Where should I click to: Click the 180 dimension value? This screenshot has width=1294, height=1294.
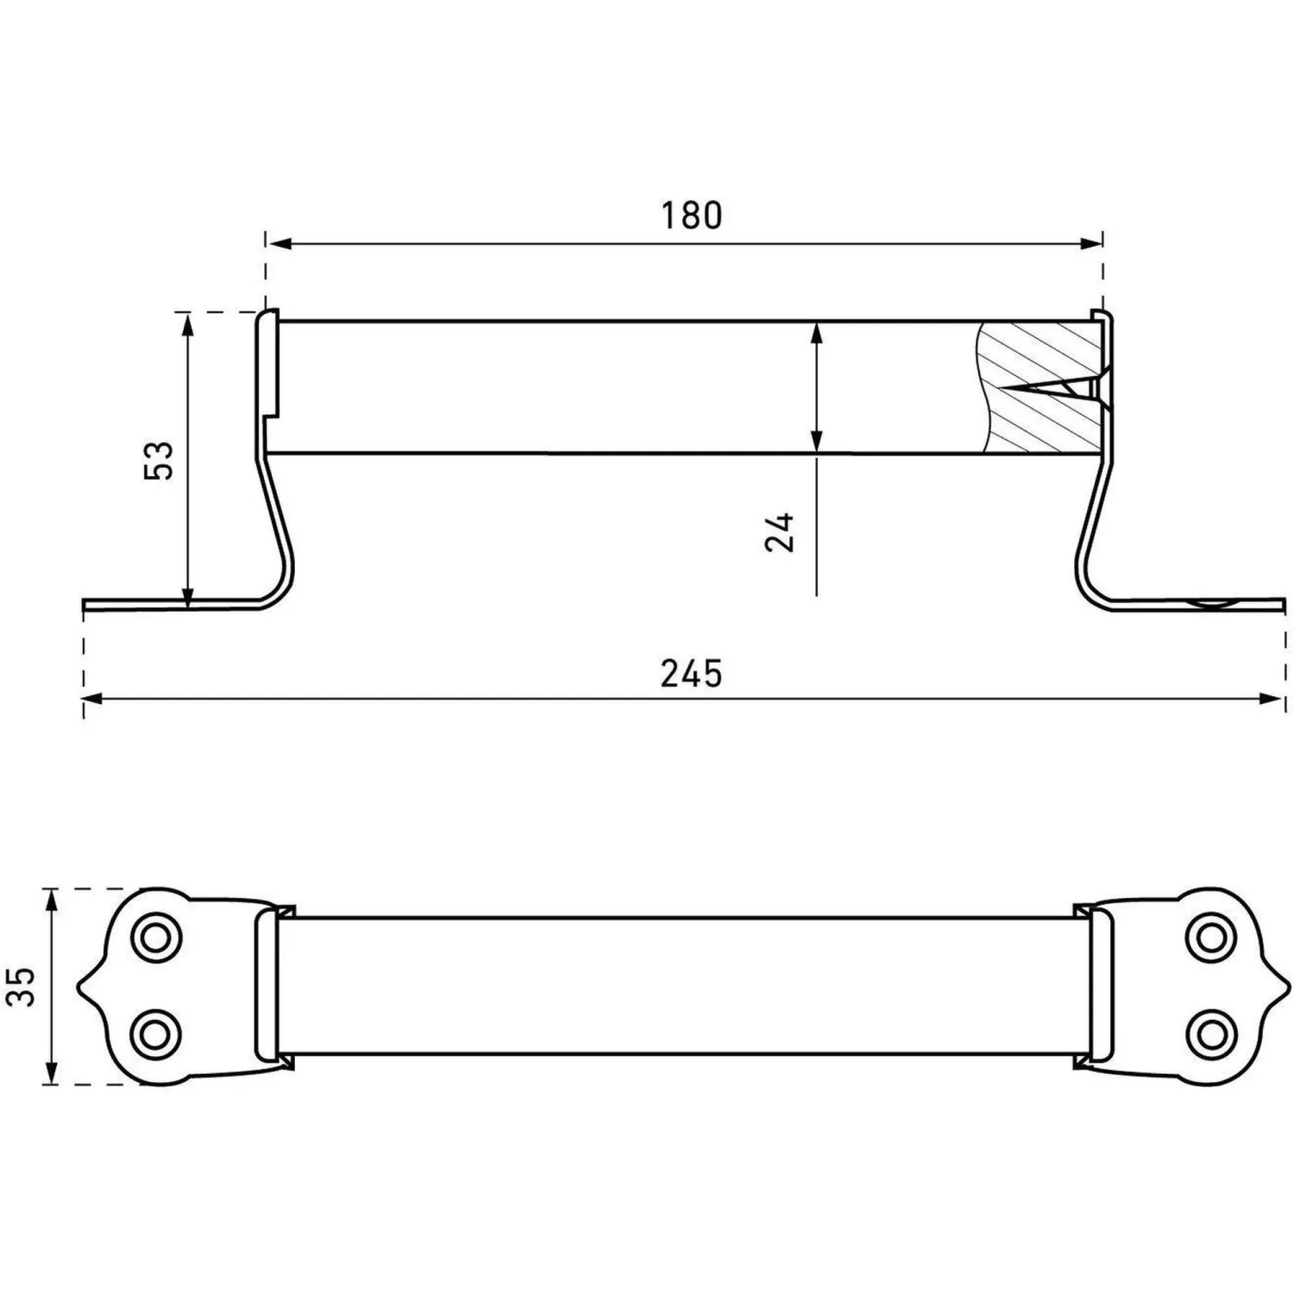[x=691, y=215]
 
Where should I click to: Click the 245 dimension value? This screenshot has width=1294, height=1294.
[x=691, y=673]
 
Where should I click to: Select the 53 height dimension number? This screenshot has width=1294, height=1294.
[x=160, y=460]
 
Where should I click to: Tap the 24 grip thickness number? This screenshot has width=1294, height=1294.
[x=780, y=531]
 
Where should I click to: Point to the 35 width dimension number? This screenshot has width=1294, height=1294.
[x=21, y=986]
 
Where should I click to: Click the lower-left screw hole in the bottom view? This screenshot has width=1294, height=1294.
[x=155, y=1033]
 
